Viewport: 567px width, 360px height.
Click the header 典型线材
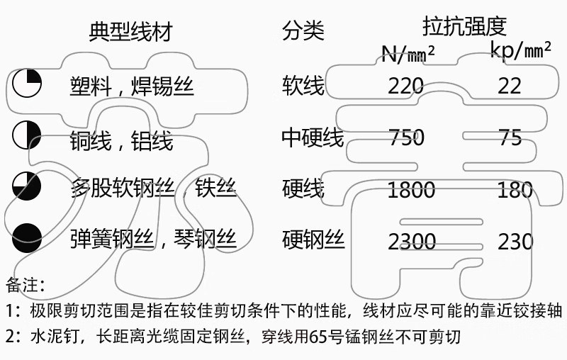(x=131, y=32)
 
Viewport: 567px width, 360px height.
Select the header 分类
(x=303, y=31)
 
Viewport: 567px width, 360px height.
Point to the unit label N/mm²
(x=408, y=52)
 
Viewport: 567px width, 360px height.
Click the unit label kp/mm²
(x=522, y=50)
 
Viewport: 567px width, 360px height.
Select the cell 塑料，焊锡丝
(x=132, y=86)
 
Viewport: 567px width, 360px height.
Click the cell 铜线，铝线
(x=121, y=140)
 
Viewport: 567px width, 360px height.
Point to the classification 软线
(x=303, y=85)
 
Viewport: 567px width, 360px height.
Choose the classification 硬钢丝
(x=313, y=240)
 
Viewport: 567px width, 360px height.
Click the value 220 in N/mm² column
(x=405, y=86)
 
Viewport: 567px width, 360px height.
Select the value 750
(x=406, y=137)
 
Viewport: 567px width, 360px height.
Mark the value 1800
(x=411, y=190)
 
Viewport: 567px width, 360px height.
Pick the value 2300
(x=411, y=242)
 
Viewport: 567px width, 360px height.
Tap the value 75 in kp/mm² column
(x=510, y=137)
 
